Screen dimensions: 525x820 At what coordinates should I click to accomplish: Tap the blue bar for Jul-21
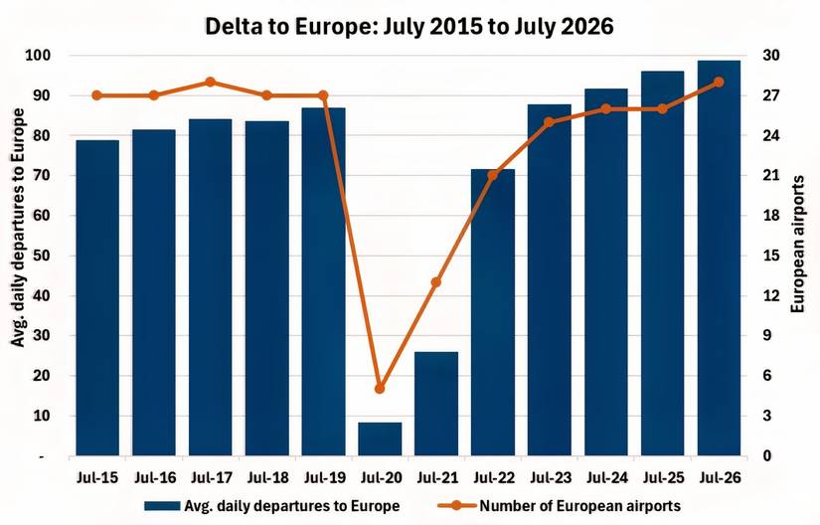[436, 404]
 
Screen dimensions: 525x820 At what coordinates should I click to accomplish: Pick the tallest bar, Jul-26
[719, 259]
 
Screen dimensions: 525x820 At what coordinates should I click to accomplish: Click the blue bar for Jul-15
[97, 298]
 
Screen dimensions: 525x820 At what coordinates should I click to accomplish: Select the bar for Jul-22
[493, 313]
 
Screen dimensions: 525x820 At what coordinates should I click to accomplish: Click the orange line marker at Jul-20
[380, 389]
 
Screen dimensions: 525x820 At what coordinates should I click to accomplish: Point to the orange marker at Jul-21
[436, 282]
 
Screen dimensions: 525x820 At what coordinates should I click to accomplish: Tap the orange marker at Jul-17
[211, 82]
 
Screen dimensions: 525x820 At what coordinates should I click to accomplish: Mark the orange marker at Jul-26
[719, 82]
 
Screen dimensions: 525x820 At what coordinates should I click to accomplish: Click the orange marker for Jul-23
[550, 122]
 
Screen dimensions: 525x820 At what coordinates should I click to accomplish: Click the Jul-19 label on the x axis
[323, 476]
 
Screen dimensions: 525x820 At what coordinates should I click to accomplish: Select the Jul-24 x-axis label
[606, 476]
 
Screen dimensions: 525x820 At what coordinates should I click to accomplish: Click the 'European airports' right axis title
[797, 256]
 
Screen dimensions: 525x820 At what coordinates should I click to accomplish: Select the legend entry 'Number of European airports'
[579, 505]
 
